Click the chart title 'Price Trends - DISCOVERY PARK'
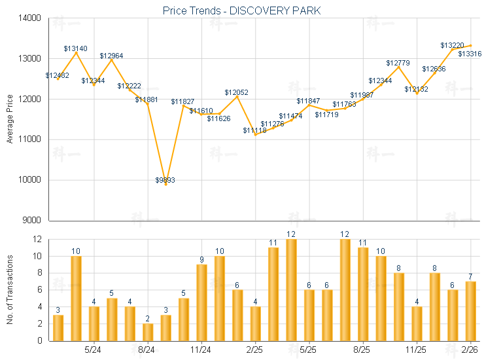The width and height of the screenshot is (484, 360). [x=242, y=11]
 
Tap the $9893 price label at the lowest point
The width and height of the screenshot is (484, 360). [x=165, y=180]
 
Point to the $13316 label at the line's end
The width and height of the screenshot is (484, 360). [x=470, y=54]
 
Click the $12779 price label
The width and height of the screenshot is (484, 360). [x=398, y=63]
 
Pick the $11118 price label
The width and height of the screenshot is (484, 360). [x=254, y=131]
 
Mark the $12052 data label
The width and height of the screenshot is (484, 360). [x=236, y=93]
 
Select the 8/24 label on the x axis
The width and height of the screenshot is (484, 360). [x=147, y=350]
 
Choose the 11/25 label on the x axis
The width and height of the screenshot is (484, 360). [x=417, y=350]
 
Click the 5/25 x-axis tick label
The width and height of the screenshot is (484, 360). [x=309, y=350]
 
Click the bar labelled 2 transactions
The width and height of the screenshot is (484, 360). [x=148, y=332]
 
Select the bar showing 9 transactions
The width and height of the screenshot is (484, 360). [x=201, y=302]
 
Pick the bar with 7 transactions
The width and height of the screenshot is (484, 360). [x=470, y=311]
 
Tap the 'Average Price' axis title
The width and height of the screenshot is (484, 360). [x=10, y=119]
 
